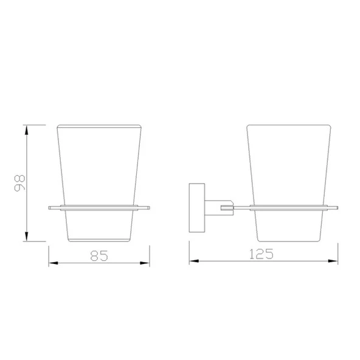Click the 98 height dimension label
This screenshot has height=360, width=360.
tap(19, 183)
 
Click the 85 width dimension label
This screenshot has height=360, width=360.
tap(99, 256)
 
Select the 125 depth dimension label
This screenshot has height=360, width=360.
tap(261, 254)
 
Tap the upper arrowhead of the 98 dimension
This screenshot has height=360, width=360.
tap(27, 130)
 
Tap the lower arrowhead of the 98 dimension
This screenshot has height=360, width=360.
tap(27, 237)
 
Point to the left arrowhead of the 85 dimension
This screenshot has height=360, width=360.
tap(54, 263)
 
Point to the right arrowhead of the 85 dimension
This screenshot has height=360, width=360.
tap(145, 263)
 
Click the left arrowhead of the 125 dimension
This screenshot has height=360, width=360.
tap(194, 261)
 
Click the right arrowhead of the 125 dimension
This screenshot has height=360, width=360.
tap(333, 261)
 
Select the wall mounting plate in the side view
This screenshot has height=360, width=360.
tap(197, 207)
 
